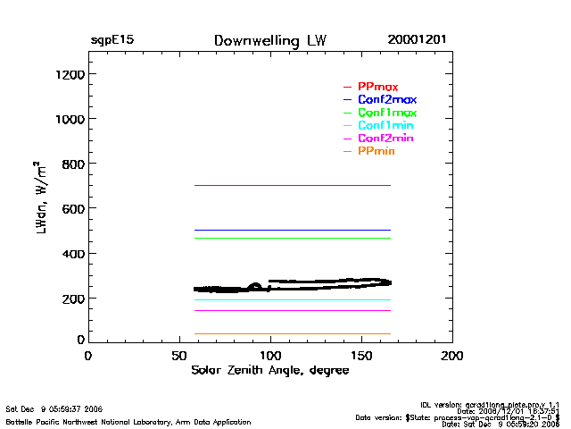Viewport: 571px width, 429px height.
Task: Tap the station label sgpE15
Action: [112, 41]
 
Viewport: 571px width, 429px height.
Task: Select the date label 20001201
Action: [418, 41]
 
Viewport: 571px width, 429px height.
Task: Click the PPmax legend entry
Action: [377, 87]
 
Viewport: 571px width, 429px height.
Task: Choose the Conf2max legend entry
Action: [386, 99]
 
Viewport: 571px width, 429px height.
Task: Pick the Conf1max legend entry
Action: [386, 113]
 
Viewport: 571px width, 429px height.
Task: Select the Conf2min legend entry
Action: [385, 139]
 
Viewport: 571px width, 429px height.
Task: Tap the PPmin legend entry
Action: [377, 152]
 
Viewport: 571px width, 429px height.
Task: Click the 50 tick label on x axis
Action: [178, 355]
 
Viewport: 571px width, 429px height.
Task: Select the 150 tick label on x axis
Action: [361, 355]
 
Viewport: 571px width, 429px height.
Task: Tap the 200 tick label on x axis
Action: [452, 355]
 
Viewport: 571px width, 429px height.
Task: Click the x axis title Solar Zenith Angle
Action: [270, 370]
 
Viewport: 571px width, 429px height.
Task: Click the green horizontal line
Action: [294, 238]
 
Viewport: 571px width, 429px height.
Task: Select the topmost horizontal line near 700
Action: [294, 185]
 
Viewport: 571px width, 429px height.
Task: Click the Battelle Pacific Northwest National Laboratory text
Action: [128, 421]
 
